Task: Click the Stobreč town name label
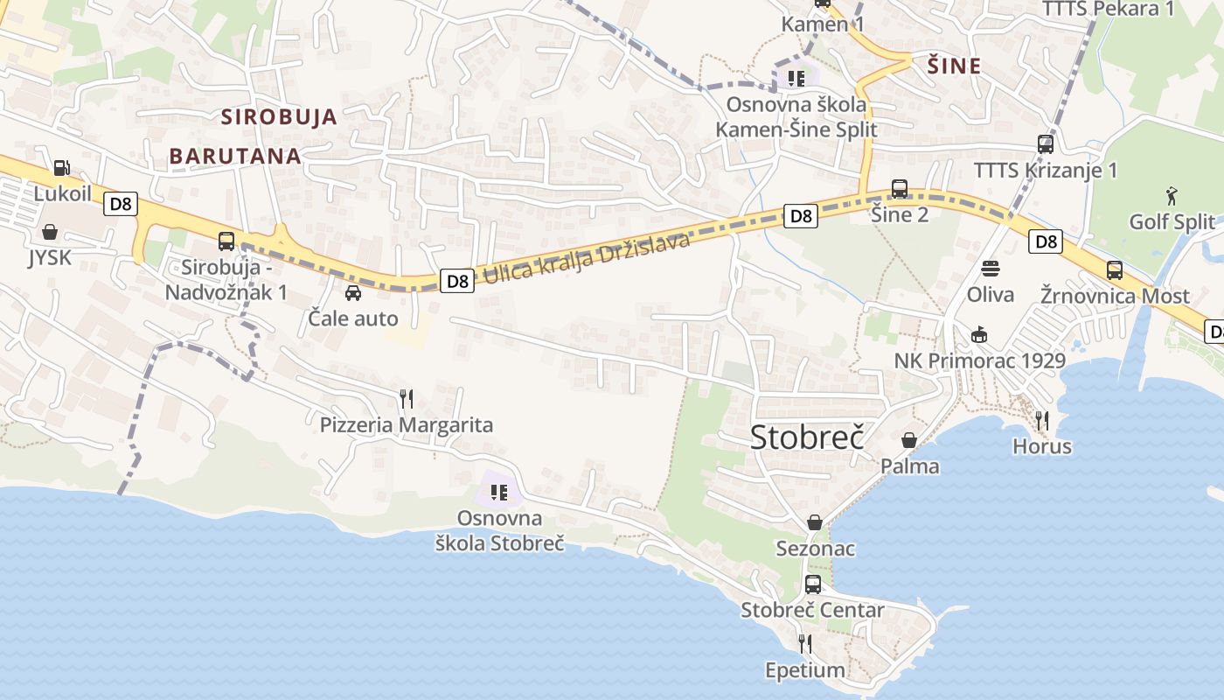[x=807, y=437]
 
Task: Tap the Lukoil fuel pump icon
[x=61, y=167]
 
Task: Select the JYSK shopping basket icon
[x=50, y=232]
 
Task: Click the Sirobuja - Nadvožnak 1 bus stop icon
[x=226, y=241]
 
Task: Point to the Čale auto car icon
[x=353, y=292]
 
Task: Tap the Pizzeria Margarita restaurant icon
[x=406, y=399]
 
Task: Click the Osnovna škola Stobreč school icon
[x=499, y=493]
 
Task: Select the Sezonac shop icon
[x=815, y=522]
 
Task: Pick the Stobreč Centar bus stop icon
[x=813, y=584]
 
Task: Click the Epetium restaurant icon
[x=805, y=644]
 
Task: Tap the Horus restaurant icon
[x=1041, y=421]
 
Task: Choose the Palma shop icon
[x=909, y=439]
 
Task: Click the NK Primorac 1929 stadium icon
[x=979, y=335]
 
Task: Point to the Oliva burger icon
[x=990, y=268]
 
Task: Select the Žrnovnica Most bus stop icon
[x=1115, y=269]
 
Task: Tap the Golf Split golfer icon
[x=1172, y=195]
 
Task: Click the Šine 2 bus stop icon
[x=900, y=188]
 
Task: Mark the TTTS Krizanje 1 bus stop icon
[x=1046, y=144]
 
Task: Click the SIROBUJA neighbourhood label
[x=279, y=116]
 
